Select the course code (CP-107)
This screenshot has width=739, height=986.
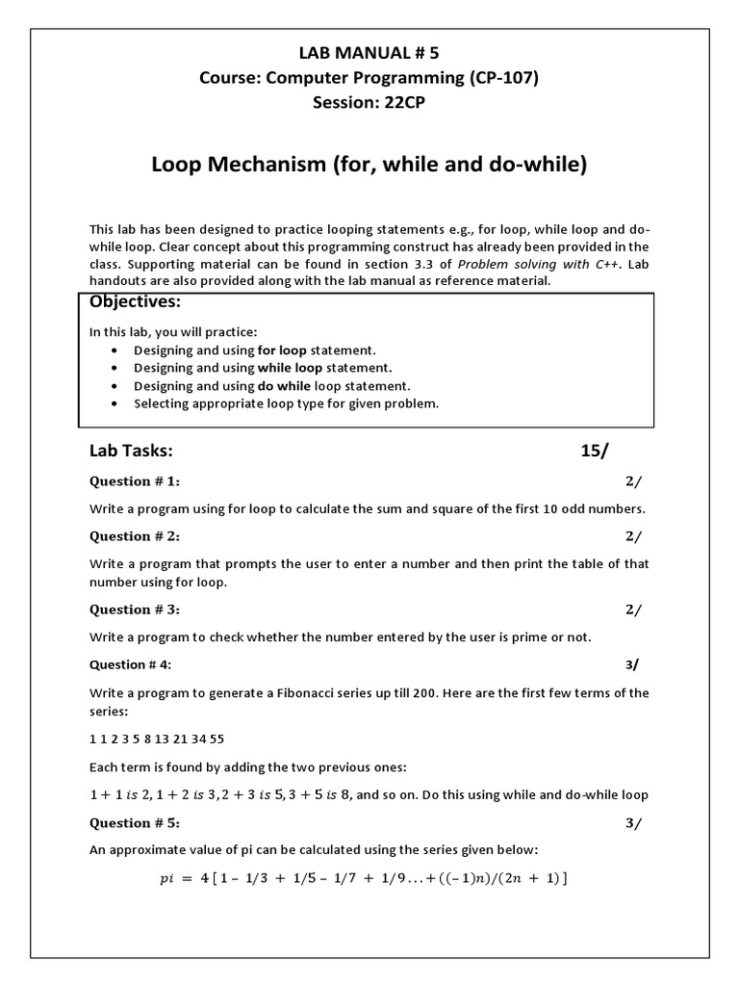coord(504,78)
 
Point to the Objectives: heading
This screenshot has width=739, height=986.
coord(136,302)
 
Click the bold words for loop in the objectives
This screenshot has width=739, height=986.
coord(285,350)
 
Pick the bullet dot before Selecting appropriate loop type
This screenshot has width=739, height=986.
coord(115,404)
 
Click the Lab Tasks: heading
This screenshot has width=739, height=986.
coord(131,451)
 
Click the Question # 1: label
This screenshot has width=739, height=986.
coord(135,481)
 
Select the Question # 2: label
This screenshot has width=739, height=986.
coord(135,536)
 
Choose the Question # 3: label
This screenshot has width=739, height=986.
coord(135,610)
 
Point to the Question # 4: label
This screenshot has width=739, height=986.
coord(131,664)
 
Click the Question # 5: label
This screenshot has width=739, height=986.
coord(135,823)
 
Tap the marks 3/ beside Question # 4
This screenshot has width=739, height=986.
coord(632,664)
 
